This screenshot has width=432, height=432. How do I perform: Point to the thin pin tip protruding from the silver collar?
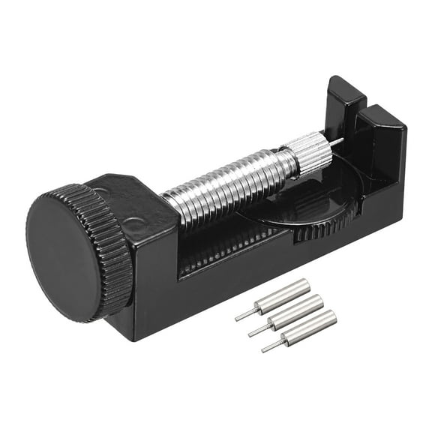(x=338, y=140)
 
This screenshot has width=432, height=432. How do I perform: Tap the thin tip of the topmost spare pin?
(x=244, y=316)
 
